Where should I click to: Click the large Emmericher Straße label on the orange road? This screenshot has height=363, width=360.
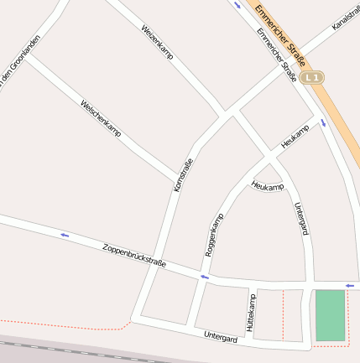[x=279, y=31]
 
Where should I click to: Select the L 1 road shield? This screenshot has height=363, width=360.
[x=313, y=77]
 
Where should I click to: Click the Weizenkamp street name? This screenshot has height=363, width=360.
[x=157, y=41]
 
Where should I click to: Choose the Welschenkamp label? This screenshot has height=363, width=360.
[x=101, y=118]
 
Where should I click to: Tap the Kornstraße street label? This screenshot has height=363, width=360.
[x=183, y=175]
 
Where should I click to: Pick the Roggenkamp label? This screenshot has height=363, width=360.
[x=215, y=235]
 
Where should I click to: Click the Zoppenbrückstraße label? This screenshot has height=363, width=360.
[x=133, y=256]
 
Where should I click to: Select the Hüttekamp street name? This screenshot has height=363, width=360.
[x=249, y=310]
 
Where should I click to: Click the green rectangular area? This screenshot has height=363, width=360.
[x=330, y=315]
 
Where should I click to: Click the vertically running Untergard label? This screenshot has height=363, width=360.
[x=300, y=218]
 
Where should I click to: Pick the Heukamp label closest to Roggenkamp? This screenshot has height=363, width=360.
[x=268, y=185]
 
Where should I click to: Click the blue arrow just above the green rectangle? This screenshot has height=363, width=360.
[x=349, y=286]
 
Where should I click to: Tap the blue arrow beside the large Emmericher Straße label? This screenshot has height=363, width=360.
[x=237, y=5]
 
